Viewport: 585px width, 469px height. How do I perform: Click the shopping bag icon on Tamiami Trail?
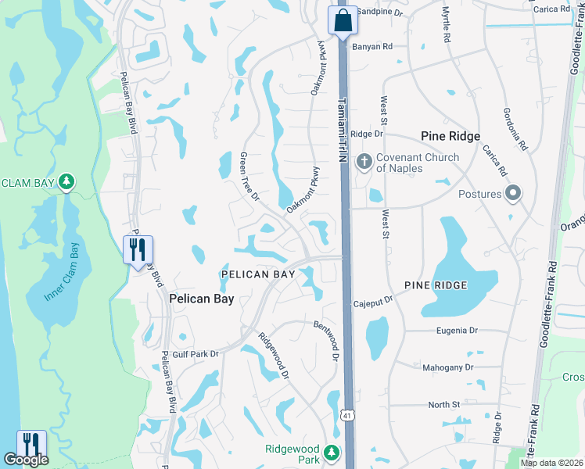point(343,20)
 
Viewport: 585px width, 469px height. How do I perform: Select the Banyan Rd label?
point(371,47)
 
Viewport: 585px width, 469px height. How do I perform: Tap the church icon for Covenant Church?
point(364,162)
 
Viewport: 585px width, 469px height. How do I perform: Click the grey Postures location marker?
point(513,193)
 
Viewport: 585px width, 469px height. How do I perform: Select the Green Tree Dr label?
point(249,175)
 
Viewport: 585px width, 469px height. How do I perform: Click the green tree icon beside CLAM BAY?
point(67,182)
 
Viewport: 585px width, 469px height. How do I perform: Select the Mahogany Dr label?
point(448,367)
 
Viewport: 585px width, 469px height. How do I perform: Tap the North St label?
point(443,404)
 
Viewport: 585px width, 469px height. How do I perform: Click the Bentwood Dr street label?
point(326,340)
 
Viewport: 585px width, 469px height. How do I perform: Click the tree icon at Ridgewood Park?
point(332,452)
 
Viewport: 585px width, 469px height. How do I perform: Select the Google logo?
point(26,460)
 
